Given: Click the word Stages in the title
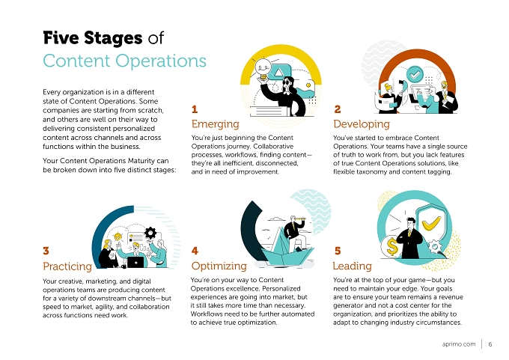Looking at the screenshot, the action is coord(113,38).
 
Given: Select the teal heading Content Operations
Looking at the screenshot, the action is coord(125,61).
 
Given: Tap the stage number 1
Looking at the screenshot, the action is coord(195,109).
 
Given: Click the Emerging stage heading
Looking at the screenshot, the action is coord(216,124).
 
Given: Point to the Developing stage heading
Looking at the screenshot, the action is coord(362,124).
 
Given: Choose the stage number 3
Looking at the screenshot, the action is coord(46,251).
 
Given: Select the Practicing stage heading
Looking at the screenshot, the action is coord(67,266).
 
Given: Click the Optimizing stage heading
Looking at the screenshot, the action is coord(219,266).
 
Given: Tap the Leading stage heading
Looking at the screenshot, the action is coord(353,266).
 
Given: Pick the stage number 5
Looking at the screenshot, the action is coord(338,251).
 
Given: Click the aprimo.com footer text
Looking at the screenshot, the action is coord(459,344).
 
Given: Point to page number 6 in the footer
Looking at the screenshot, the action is coord(490,344).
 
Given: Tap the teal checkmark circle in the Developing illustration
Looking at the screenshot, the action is coord(415,74).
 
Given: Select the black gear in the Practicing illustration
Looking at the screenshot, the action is coord(150,233).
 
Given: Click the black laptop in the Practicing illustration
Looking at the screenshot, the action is coord(135,262).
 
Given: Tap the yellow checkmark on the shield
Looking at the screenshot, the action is coord(431,223).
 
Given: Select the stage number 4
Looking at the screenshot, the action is coord(195,251).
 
